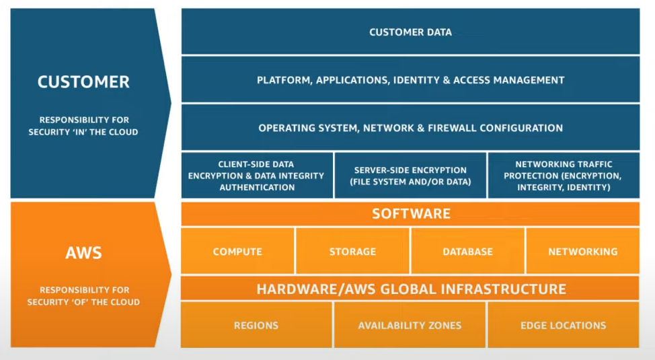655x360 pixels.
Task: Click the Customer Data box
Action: coord(410,32)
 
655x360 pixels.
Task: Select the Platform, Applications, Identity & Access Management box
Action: coord(410,80)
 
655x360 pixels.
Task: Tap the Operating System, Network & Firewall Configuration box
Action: coord(410,128)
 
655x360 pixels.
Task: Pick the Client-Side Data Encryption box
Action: coord(256,176)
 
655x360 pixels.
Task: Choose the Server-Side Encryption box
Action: coord(410,176)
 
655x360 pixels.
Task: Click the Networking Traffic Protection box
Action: coord(563,176)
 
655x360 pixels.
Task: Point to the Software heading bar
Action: coord(410,214)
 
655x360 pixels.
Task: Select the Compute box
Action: coord(237,252)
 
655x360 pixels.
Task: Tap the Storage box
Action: coord(352,252)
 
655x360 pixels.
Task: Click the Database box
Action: coord(467,252)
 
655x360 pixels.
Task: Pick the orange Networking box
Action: coord(582,252)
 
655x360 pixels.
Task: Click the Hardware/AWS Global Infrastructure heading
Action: coord(410,289)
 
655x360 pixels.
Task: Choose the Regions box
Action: coord(256,326)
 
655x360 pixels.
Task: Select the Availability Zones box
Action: coord(410,326)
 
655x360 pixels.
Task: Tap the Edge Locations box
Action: coord(563,326)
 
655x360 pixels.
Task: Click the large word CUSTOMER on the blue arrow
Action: coord(83,82)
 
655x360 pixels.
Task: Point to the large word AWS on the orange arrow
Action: coord(83,253)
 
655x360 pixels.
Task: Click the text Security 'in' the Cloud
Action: coord(83,132)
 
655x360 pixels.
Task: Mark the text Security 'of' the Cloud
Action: coord(83,302)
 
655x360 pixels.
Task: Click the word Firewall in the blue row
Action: coord(457,128)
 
